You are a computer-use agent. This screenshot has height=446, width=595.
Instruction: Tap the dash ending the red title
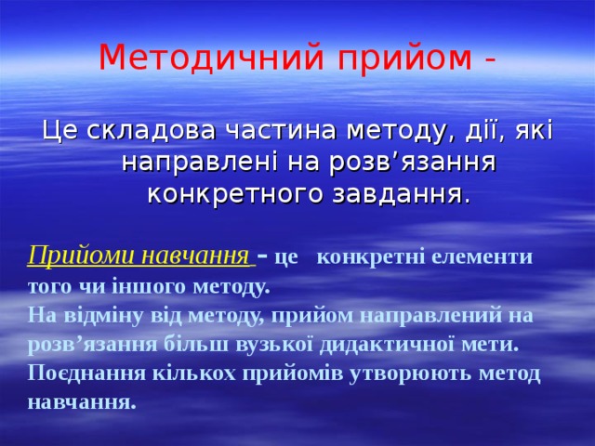pos(489,59)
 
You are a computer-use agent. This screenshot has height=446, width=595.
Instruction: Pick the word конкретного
pos(227,195)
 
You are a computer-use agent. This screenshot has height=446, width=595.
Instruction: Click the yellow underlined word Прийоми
pos(66,255)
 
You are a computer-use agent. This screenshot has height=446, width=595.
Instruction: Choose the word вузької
pos(257,344)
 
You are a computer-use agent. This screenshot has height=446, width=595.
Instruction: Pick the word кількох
pos(189,374)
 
